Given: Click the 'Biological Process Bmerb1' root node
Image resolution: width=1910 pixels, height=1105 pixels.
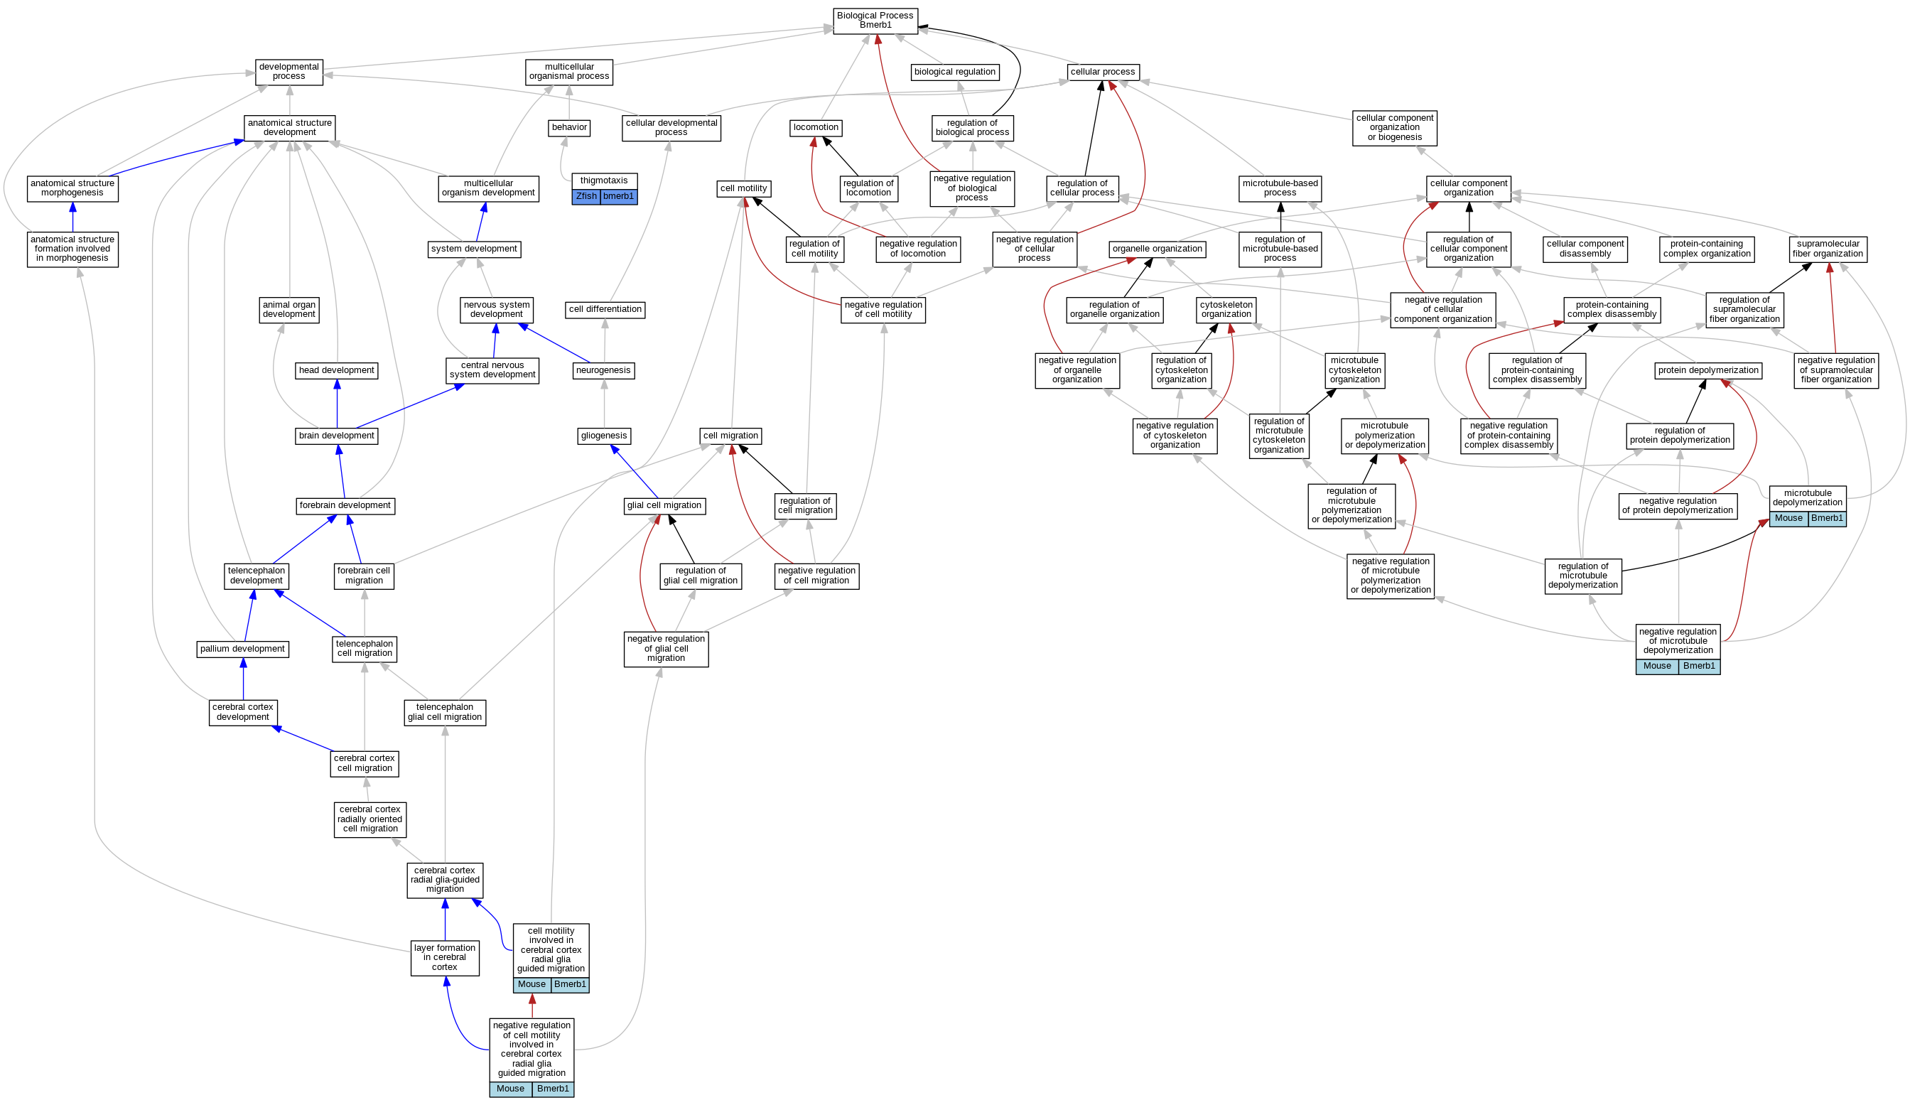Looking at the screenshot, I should (875, 21).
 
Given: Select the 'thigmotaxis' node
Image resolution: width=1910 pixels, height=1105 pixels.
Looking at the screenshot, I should (604, 180).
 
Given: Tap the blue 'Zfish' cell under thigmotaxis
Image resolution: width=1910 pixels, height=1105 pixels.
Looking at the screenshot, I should (586, 196).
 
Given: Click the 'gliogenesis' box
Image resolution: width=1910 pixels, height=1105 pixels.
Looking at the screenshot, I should (604, 436).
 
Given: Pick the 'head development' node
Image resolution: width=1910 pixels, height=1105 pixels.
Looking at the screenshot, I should (337, 371).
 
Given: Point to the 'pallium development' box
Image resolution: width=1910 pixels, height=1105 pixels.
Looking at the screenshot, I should (242, 649).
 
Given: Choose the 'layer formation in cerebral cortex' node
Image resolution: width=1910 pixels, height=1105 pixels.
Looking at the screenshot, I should (445, 957).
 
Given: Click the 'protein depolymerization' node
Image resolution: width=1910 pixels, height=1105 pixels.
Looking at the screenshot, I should (1707, 371).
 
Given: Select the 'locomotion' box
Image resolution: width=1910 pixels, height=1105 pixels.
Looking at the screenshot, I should (816, 127).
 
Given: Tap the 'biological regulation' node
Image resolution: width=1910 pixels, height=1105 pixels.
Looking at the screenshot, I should (954, 72).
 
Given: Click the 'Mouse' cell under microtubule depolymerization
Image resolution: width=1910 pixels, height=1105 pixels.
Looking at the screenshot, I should (1788, 519).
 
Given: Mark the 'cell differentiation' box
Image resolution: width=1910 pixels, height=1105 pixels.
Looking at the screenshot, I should (605, 309).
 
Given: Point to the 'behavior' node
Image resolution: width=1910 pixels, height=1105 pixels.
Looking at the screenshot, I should (569, 127).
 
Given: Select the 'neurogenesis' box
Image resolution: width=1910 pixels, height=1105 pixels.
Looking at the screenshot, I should (603, 371).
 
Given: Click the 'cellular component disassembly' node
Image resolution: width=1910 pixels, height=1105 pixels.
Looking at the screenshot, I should (1585, 249).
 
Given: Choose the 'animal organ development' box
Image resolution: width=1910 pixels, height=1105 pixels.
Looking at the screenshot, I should (288, 309).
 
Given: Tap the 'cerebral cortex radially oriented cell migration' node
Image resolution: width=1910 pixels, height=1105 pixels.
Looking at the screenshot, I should (370, 819).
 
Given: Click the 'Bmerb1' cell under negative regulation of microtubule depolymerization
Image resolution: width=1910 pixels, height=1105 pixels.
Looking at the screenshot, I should (1698, 666).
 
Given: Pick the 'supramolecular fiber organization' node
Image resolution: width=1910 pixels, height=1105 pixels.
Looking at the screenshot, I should (1828, 249).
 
